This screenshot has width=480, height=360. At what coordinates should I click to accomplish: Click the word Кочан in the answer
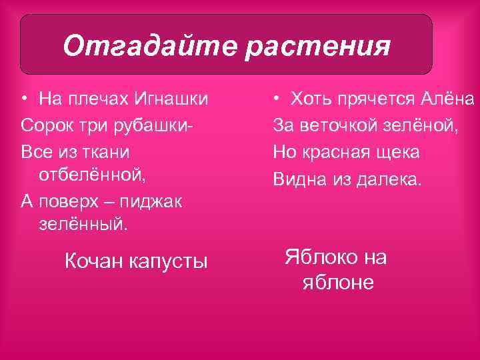point(95,261)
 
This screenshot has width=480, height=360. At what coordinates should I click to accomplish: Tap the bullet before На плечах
point(24,100)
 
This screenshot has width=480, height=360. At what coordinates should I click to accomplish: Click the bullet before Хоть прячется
point(275,100)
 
